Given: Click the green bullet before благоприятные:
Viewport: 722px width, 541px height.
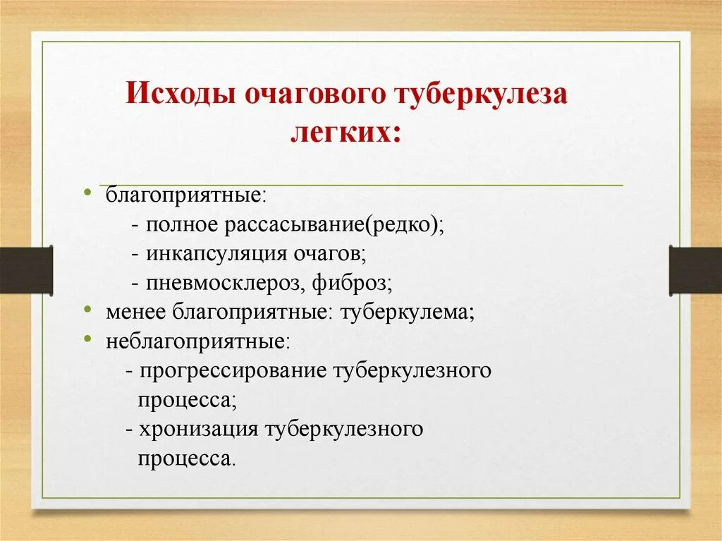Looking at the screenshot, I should pyautogui.click(x=87, y=191).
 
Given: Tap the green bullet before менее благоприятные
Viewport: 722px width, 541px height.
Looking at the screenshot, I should pyautogui.click(x=87, y=309).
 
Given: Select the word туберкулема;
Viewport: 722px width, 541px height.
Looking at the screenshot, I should pyautogui.click(x=407, y=312).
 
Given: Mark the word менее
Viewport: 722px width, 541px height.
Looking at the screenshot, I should pyautogui.click(x=133, y=312).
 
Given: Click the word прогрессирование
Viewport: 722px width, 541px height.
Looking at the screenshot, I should pyautogui.click(x=233, y=370).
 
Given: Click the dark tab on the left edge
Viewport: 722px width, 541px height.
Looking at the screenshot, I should pyautogui.click(x=26, y=269).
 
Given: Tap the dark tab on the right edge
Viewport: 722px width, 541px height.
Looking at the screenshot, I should pyautogui.click(x=695, y=269).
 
